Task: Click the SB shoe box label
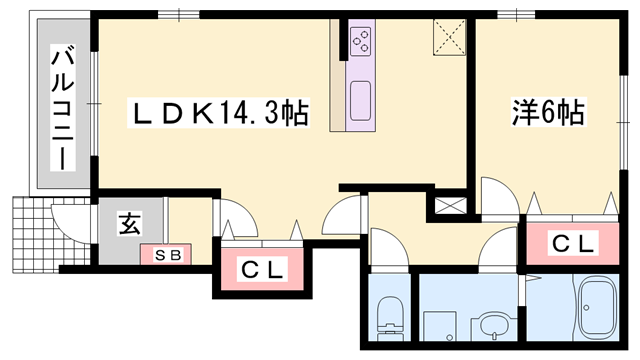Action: click(x=167, y=254)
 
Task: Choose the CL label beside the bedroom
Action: click(x=573, y=242)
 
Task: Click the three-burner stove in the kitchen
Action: click(x=361, y=40)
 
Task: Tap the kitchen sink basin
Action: click(x=360, y=97)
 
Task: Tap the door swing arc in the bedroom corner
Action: click(x=495, y=194)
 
